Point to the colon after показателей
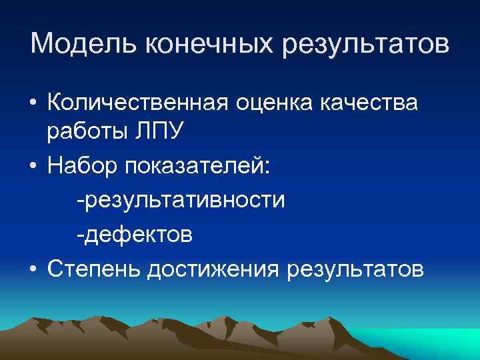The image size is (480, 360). coord(267,169)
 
